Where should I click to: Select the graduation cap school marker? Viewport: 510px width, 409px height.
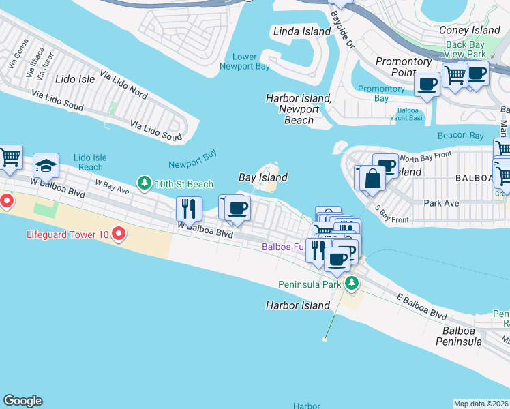click(x=46, y=166)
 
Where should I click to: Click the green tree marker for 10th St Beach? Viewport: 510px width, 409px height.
click(x=144, y=183)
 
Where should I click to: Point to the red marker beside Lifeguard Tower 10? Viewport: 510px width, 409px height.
click(x=119, y=234)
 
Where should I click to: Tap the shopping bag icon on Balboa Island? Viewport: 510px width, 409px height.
click(x=373, y=179)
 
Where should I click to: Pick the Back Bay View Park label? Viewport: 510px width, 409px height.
click(x=465, y=49)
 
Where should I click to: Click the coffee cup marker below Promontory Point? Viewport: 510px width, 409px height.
click(x=427, y=85)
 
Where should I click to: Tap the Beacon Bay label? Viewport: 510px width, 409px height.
click(x=460, y=136)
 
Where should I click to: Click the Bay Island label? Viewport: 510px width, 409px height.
click(x=262, y=177)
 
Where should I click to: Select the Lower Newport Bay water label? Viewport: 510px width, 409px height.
click(x=245, y=61)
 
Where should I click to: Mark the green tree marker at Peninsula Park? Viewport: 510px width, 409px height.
click(x=351, y=283)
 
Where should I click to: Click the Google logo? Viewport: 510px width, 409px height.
click(x=22, y=401)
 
